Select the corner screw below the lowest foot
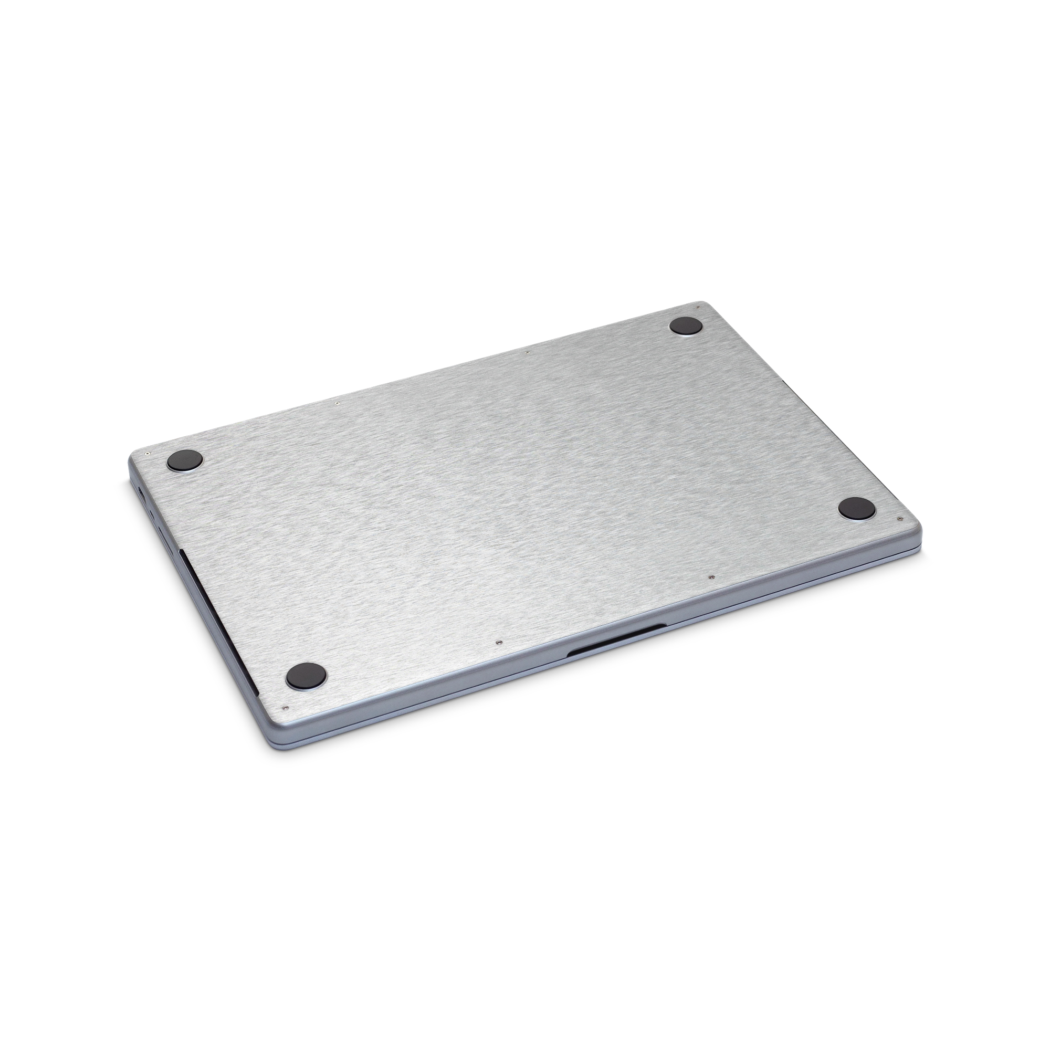[286, 708]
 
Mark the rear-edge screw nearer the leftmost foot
[338, 403]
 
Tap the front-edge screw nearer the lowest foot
[498, 642]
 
